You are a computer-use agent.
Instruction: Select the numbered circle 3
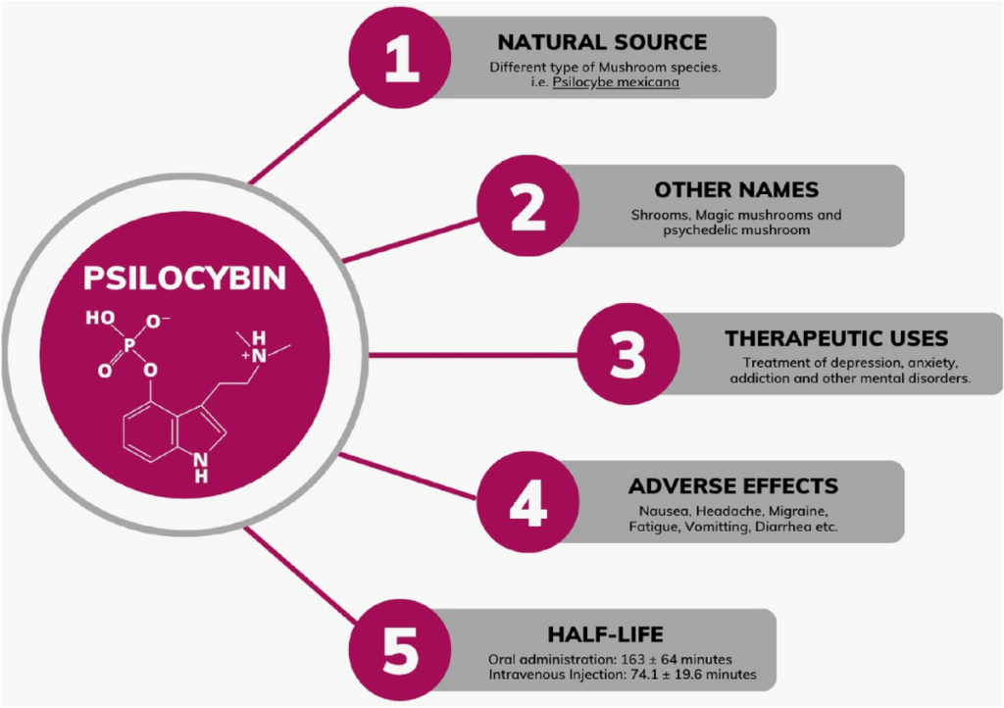pyautogui.click(x=627, y=354)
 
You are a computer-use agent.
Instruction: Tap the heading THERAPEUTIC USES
pyautogui.click(x=836, y=338)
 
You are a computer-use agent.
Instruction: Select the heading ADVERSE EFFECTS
pyautogui.click(x=733, y=486)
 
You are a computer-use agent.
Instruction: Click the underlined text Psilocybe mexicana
pyautogui.click(x=616, y=83)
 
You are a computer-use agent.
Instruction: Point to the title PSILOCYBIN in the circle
pyautogui.click(x=184, y=278)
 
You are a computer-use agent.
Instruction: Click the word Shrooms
pyautogui.click(x=657, y=215)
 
